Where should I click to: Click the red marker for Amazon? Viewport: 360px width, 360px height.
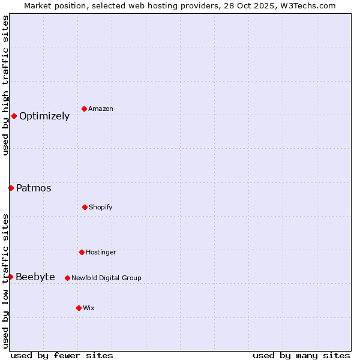85,109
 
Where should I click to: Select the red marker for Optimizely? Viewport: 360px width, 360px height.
14,116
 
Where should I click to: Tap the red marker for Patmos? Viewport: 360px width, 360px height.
11,188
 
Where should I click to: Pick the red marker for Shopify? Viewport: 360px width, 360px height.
85,207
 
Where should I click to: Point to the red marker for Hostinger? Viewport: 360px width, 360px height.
82,252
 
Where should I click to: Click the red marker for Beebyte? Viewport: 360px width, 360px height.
10,277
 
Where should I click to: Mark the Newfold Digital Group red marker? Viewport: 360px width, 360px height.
67,278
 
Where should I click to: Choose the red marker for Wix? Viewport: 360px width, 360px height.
79,308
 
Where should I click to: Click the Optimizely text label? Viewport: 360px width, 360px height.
44,116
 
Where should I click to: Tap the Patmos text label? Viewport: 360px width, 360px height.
34,188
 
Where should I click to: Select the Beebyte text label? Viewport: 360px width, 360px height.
35,277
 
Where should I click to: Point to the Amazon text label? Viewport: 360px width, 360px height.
101,109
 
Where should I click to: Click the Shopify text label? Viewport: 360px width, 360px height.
101,208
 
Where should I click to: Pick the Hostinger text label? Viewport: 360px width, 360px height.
101,253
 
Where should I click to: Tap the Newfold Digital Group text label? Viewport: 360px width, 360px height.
106,278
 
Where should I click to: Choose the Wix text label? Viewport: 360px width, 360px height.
89,308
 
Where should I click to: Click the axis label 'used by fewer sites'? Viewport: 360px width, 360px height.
62,355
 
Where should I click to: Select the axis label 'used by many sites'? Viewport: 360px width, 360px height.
301,355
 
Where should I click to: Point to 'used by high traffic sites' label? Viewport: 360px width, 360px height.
5,85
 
